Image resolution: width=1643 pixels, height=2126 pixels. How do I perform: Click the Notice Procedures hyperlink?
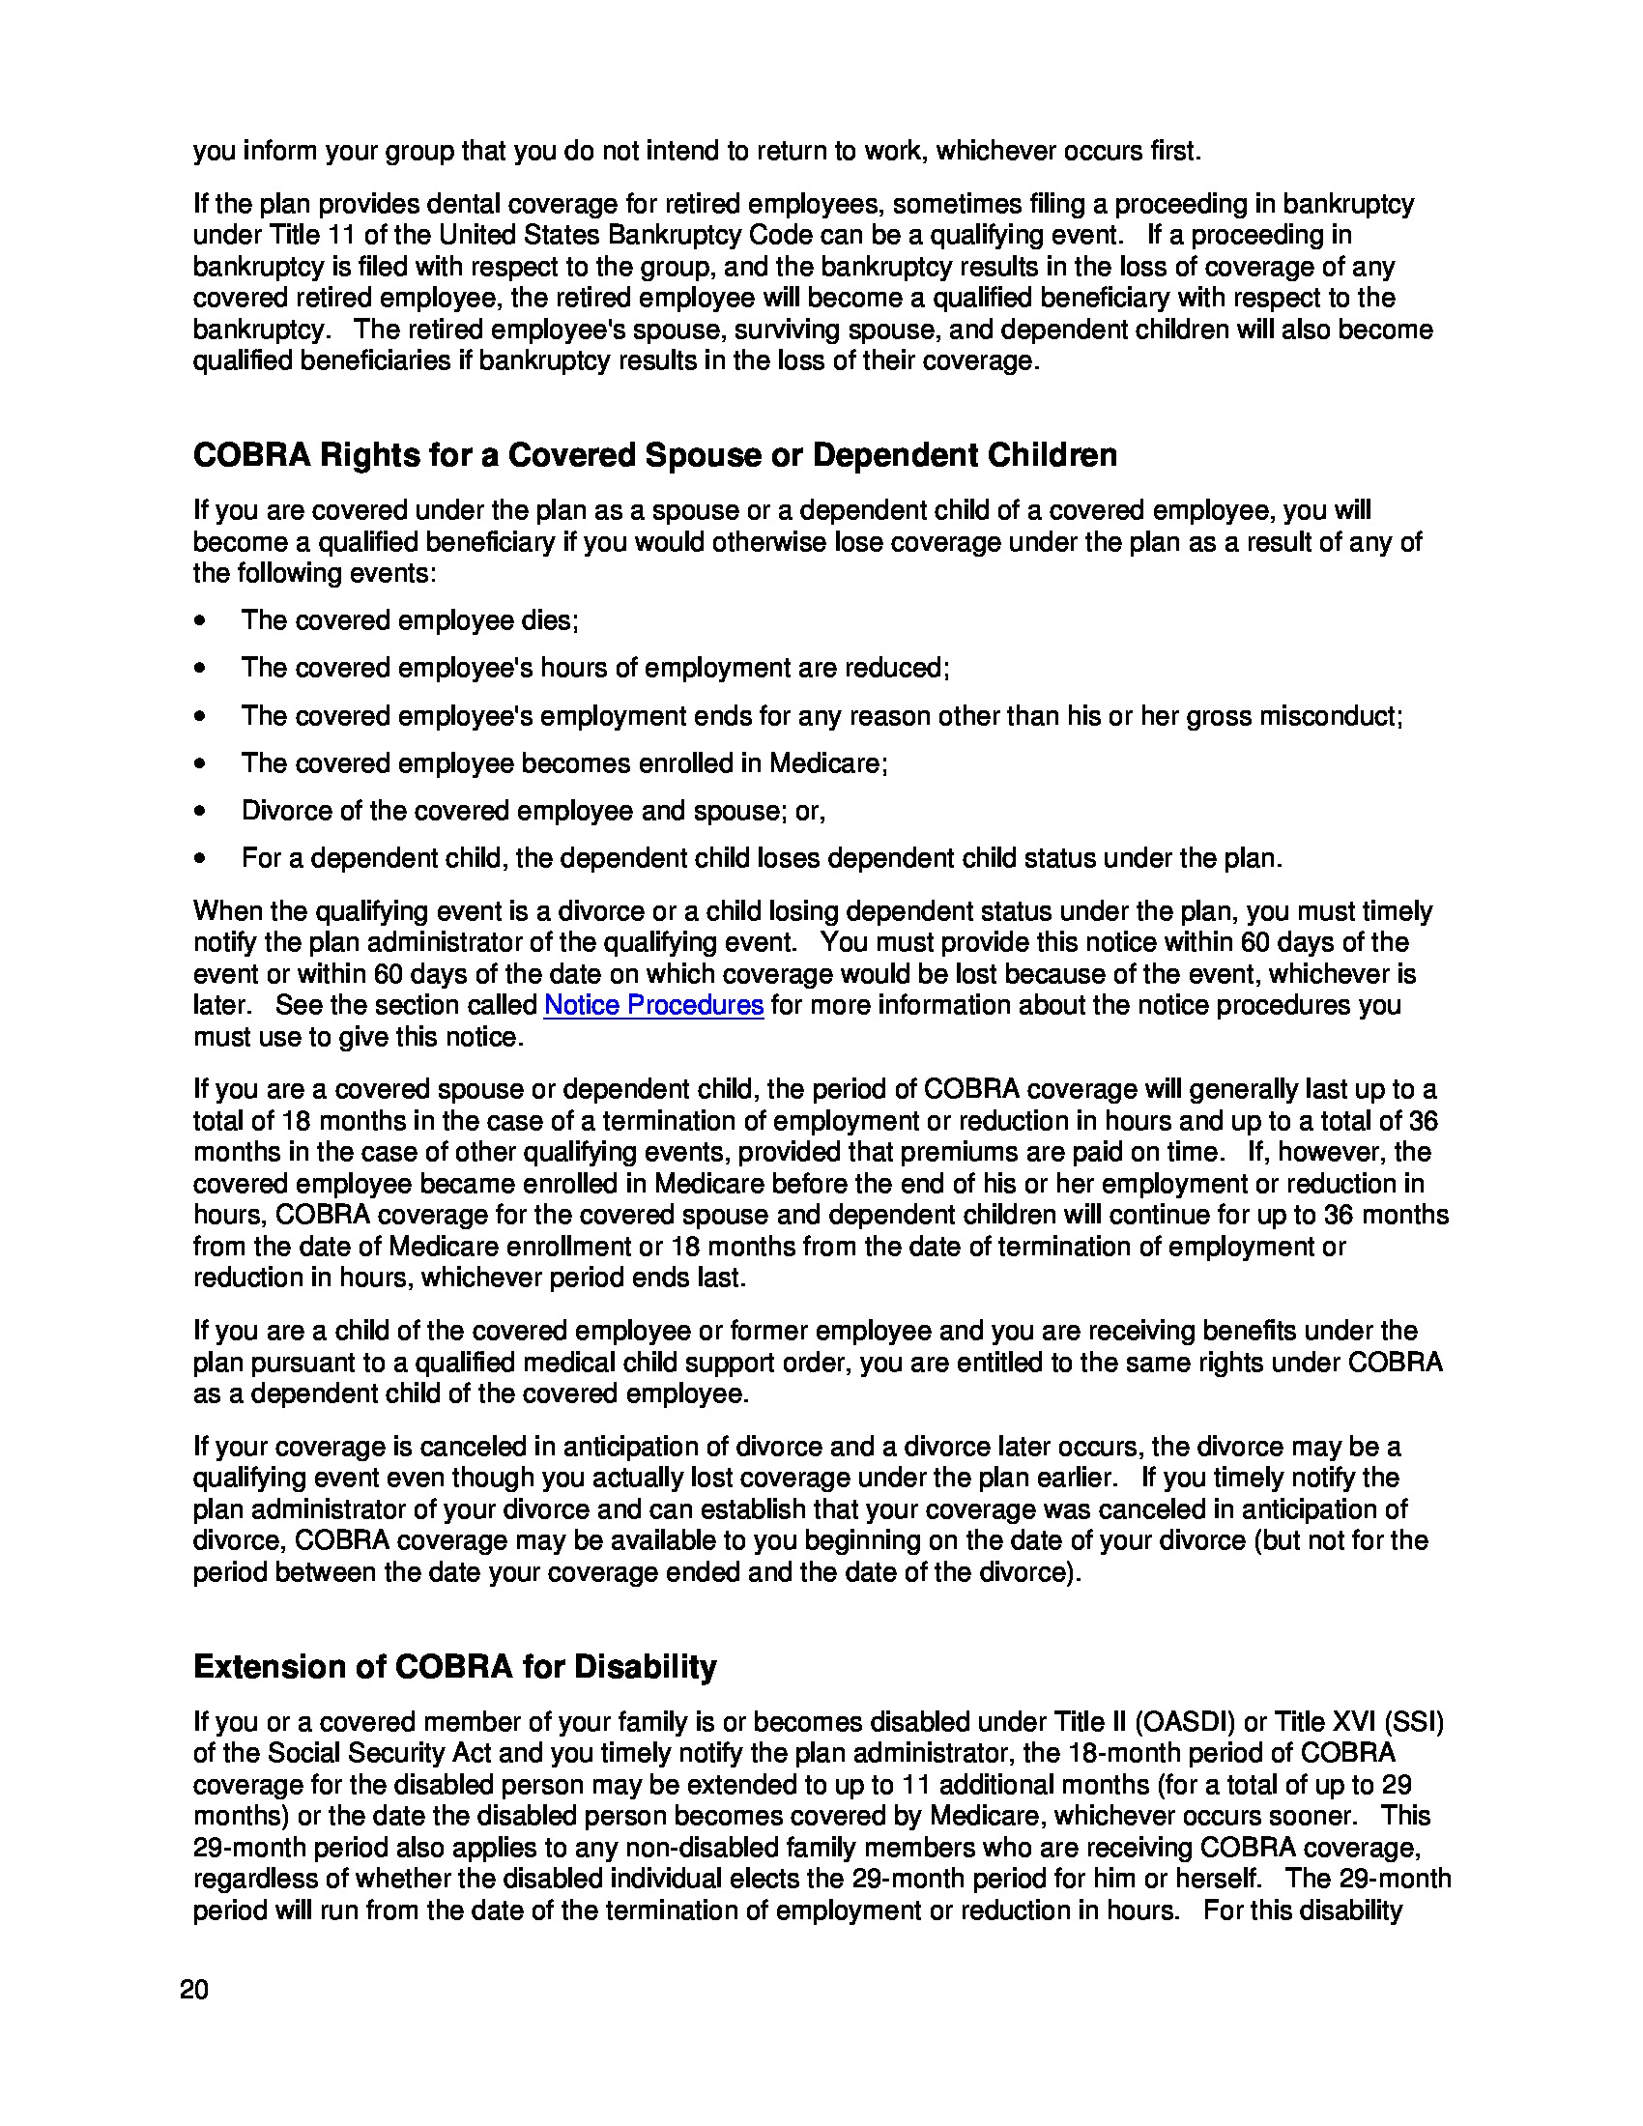point(653,1005)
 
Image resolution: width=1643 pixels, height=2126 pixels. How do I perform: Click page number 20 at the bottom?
point(194,1990)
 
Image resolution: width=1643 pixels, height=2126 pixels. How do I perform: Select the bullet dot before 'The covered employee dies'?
point(200,621)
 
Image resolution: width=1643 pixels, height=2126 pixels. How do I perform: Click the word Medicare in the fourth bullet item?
point(827,763)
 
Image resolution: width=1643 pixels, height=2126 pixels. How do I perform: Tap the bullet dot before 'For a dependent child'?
point(200,859)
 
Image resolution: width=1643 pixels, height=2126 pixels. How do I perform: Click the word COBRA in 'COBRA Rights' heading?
point(250,454)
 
